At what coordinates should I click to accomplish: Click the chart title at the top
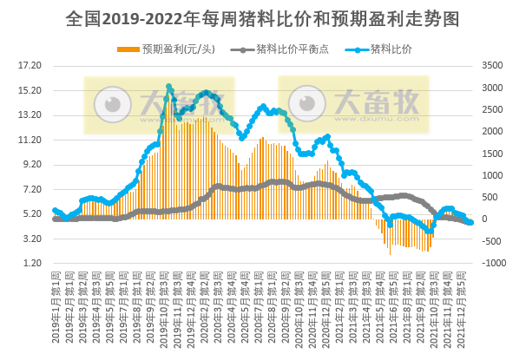click(x=262, y=17)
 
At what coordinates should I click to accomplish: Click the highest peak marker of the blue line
click(x=169, y=87)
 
